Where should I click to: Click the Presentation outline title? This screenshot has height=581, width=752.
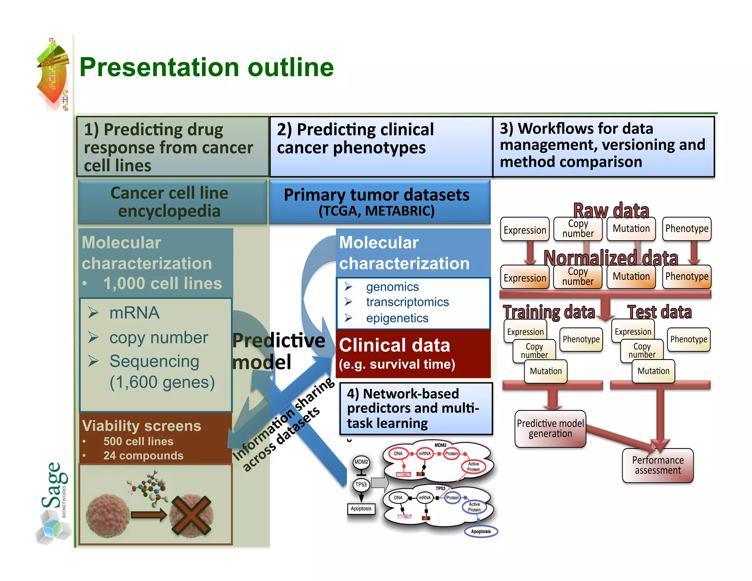tap(206, 67)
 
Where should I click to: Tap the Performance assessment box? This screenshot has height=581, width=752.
tap(658, 465)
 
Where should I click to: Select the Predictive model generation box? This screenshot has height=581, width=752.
tap(550, 429)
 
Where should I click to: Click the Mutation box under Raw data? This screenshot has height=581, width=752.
tap(631, 229)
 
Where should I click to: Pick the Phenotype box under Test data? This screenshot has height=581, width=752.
tap(688, 339)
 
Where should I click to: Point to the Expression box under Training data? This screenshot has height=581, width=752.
tap(525, 332)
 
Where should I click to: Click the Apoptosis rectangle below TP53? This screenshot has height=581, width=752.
tap(361, 509)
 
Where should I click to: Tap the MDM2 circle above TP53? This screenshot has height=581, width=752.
tap(361, 462)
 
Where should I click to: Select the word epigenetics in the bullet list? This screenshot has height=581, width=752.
tap(397, 318)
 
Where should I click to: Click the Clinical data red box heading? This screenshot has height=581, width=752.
tap(394, 345)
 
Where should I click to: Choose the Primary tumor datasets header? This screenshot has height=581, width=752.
tap(376, 195)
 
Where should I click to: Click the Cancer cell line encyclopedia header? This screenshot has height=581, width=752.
tap(169, 202)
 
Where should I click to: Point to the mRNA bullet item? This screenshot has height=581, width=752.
tap(134, 313)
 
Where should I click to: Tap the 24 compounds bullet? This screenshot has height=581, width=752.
tap(143, 455)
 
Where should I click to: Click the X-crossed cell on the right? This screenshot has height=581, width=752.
tap(191, 515)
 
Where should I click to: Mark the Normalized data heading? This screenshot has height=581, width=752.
tap(610, 258)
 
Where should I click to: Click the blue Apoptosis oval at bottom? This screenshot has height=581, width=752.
tap(481, 531)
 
